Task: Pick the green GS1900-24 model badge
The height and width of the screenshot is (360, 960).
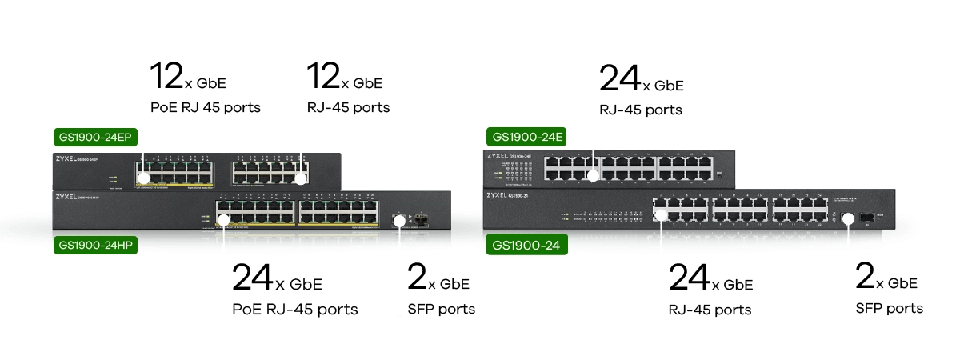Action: (526, 246)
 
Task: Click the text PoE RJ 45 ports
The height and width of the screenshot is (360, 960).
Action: (205, 106)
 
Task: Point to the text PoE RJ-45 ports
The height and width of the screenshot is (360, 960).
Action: (294, 309)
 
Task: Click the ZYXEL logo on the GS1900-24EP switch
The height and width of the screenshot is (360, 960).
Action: (70, 160)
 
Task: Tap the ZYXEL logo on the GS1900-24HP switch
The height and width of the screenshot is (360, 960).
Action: (70, 196)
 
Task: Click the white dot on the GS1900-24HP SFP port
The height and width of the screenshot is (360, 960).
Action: (398, 218)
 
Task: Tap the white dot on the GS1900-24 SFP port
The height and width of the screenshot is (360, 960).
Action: (849, 218)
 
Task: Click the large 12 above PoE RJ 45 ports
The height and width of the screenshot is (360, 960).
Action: (166, 76)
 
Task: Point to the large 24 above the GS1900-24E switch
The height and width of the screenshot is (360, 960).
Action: (618, 79)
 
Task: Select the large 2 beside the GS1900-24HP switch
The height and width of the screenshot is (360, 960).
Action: (416, 277)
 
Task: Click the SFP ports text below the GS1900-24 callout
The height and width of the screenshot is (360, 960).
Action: (889, 308)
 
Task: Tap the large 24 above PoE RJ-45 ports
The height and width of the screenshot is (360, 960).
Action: (252, 278)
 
